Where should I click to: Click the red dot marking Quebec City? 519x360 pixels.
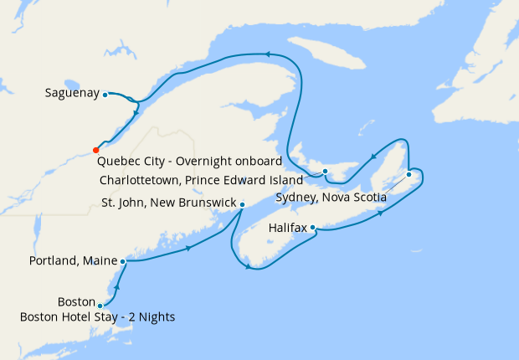(95, 151)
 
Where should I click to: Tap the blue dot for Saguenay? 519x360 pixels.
(105, 95)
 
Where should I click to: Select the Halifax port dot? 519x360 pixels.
(312, 227)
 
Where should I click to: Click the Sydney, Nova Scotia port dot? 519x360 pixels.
(409, 174)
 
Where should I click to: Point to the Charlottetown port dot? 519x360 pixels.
(325, 172)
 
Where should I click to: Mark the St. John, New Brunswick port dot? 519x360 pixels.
(242, 204)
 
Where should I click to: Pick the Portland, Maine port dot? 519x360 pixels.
(123, 261)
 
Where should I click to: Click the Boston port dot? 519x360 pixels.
(100, 306)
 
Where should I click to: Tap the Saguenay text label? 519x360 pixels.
(72, 94)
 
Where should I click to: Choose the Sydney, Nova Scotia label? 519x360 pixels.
(331, 198)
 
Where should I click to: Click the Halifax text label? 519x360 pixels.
(288, 227)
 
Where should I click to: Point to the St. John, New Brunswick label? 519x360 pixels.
(168, 203)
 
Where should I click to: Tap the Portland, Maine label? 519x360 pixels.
(72, 261)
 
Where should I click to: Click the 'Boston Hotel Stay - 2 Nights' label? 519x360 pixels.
(97, 316)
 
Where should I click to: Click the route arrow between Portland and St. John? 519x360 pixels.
(189, 248)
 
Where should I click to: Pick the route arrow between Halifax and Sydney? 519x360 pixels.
(381, 213)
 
